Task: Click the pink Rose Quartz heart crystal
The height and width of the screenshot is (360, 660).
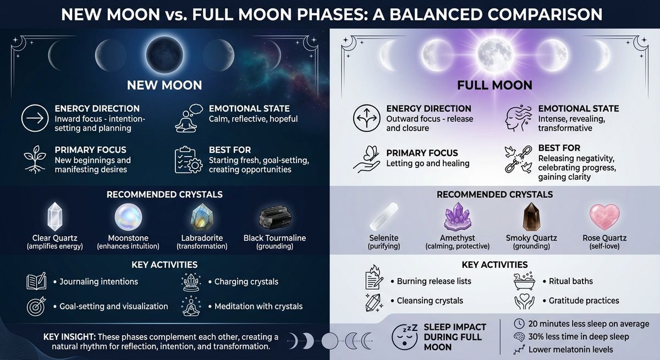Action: pyautogui.click(x=604, y=217)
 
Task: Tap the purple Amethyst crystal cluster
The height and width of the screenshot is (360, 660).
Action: pyautogui.click(x=457, y=217)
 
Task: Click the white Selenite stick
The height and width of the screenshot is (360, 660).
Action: pyautogui.click(x=384, y=219)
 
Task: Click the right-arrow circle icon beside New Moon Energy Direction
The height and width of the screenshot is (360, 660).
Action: pyautogui.click(x=32, y=118)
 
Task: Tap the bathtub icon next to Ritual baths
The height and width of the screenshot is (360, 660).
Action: pyautogui.click(x=523, y=281)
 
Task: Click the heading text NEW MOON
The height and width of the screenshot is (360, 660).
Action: pyautogui.click(x=164, y=85)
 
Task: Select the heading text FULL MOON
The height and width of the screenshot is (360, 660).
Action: pyautogui.click(x=494, y=85)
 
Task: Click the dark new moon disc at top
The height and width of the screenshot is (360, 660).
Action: pyautogui.click(x=164, y=53)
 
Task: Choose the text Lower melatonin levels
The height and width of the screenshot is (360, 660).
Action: pyautogui.click(x=570, y=350)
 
